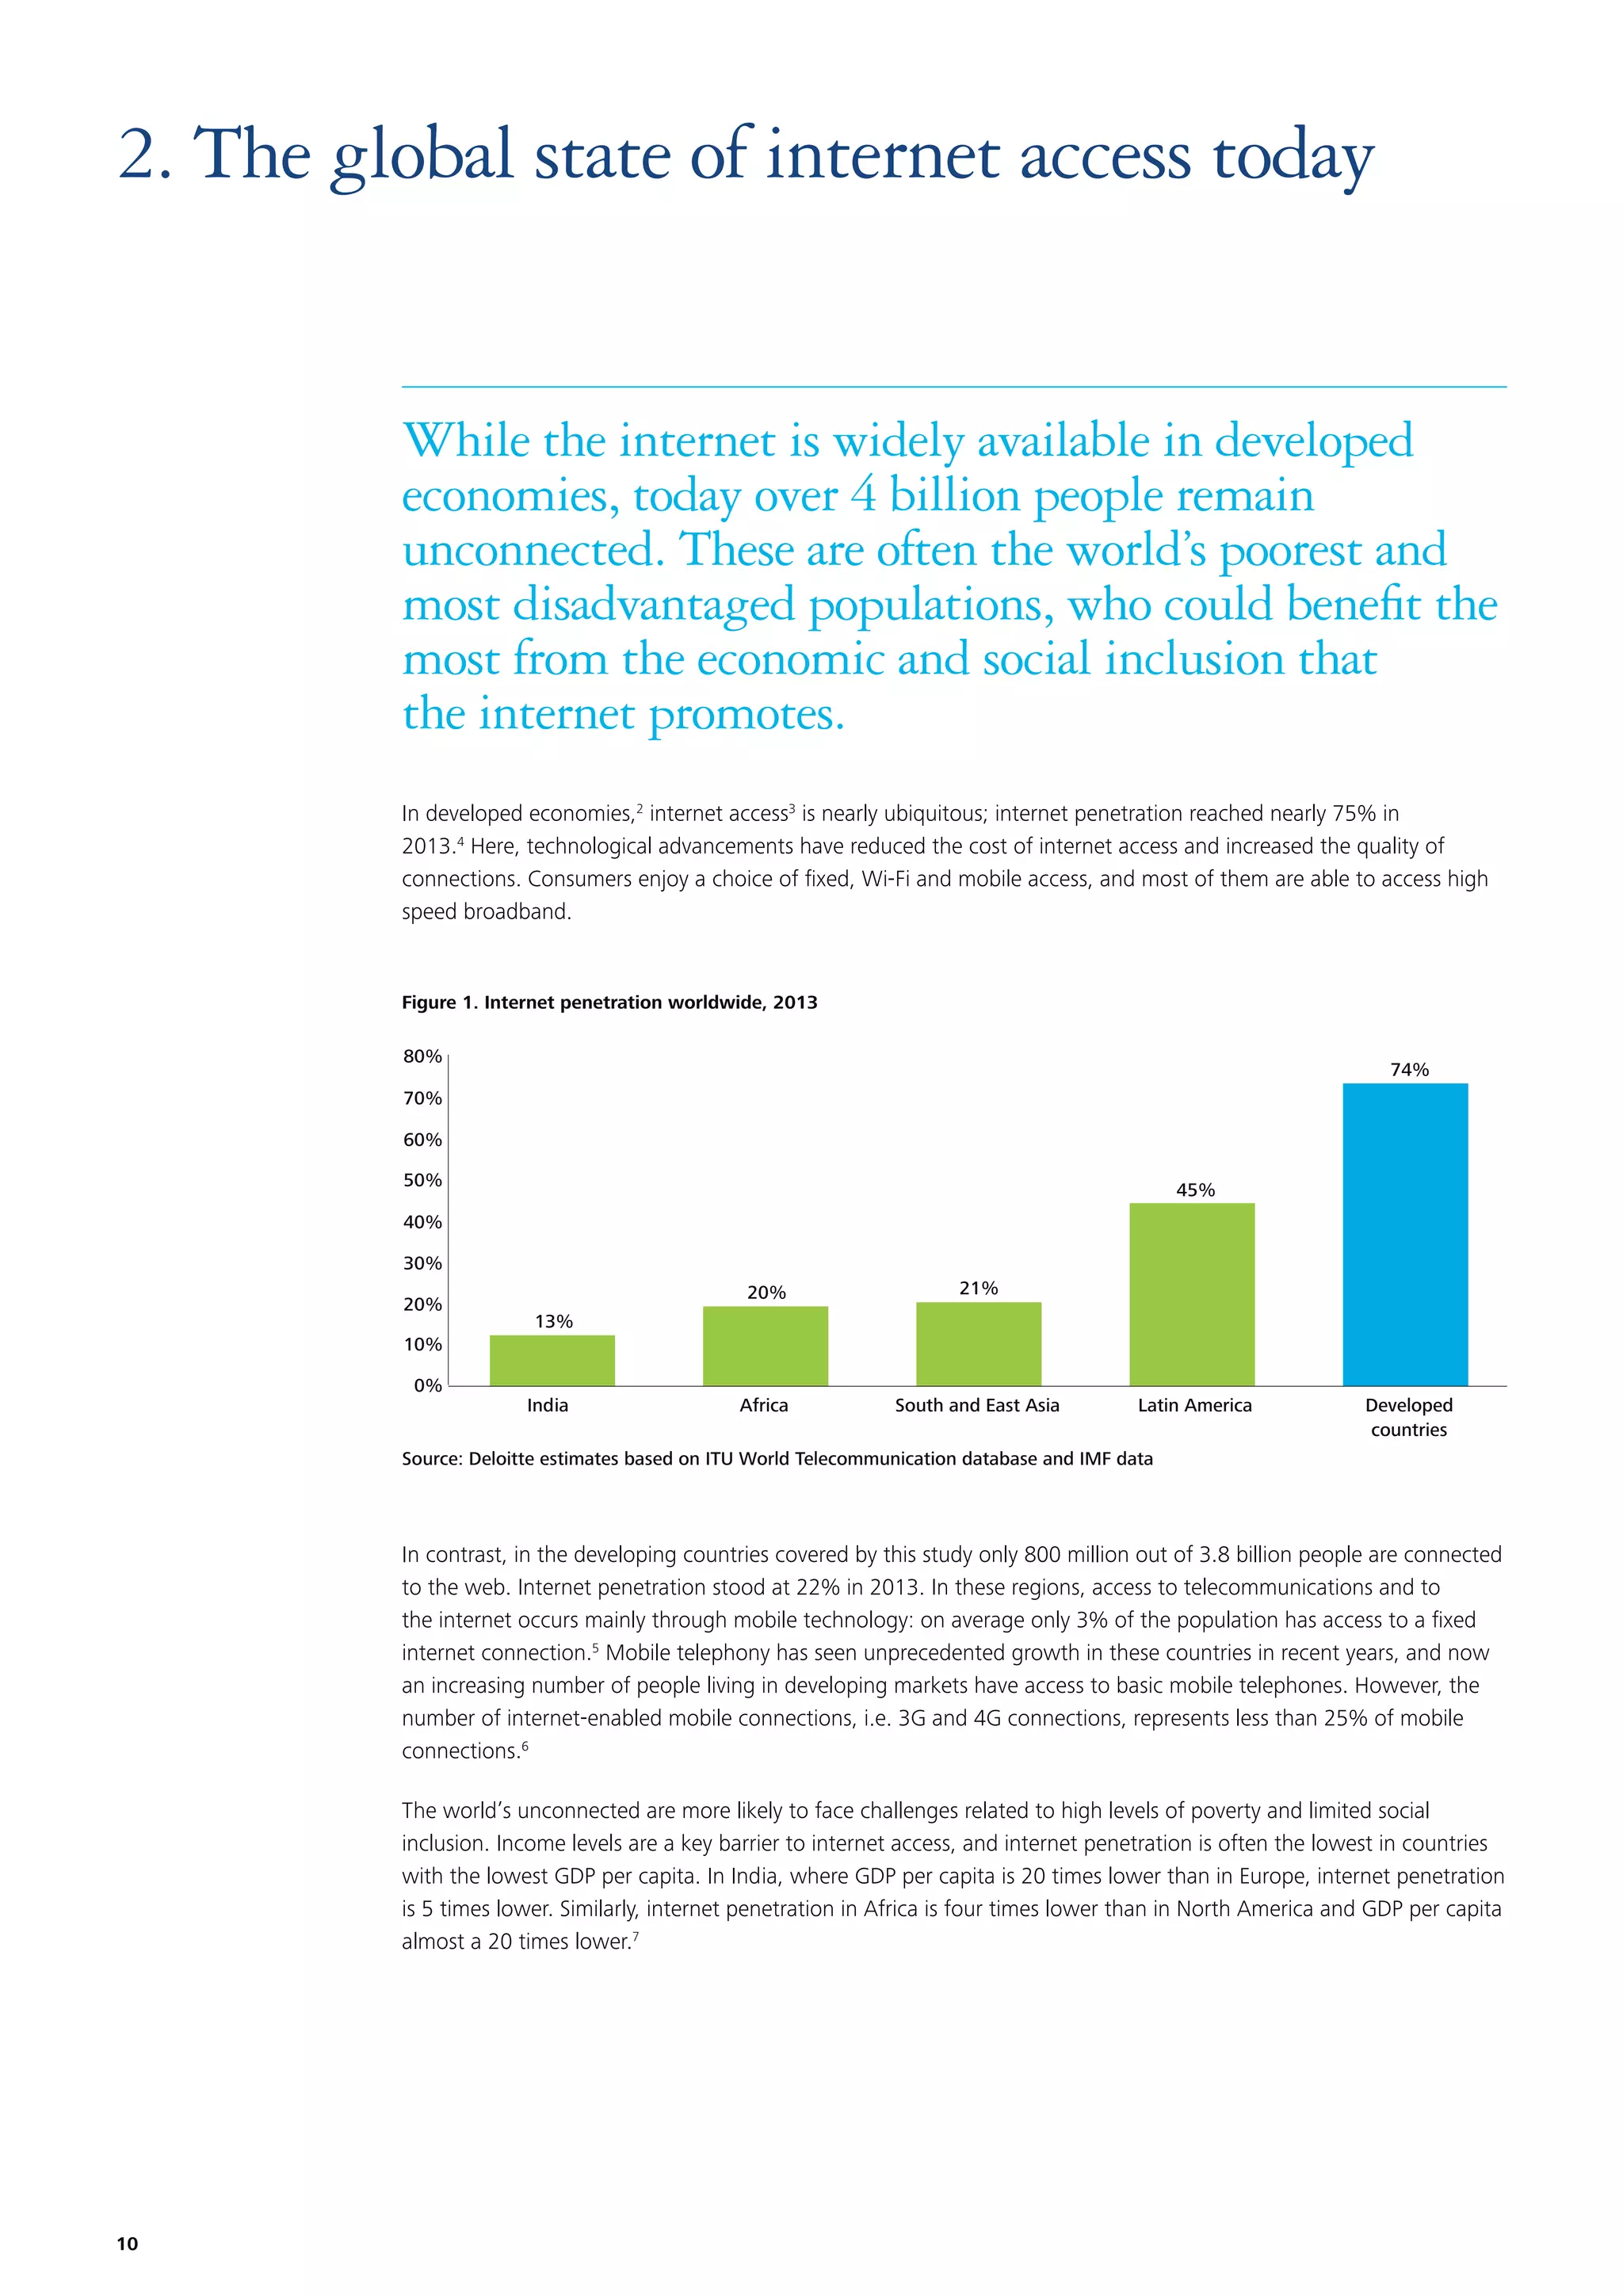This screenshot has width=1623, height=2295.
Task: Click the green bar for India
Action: [x=552, y=1361]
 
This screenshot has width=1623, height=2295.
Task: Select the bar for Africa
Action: [x=765, y=1346]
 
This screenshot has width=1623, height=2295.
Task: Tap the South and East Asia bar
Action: [x=979, y=1343]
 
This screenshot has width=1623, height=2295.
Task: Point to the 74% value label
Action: [x=1409, y=1070]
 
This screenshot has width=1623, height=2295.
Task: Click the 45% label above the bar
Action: [x=1195, y=1190]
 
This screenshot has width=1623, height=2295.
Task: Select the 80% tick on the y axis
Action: [x=422, y=1056]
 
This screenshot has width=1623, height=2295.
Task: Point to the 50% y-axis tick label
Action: [x=422, y=1181]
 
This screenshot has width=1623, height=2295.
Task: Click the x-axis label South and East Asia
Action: [x=976, y=1405]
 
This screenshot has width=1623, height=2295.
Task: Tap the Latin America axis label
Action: [x=1194, y=1405]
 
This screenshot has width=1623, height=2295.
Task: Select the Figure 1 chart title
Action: [x=609, y=1002]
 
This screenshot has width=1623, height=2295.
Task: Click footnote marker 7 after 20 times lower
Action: [x=636, y=1936]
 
